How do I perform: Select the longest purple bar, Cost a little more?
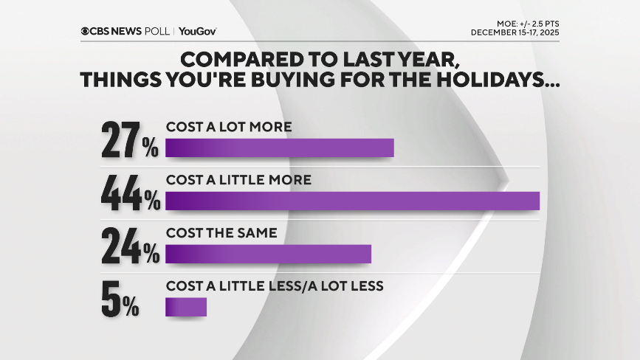point(352,201)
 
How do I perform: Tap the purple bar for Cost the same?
point(268,254)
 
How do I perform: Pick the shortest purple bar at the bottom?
point(186,306)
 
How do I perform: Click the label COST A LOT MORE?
point(229,127)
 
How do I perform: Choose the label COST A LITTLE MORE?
point(238,179)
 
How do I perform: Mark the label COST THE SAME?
point(221,232)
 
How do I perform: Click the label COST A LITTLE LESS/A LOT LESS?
point(275,285)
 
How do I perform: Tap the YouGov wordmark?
point(197,31)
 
